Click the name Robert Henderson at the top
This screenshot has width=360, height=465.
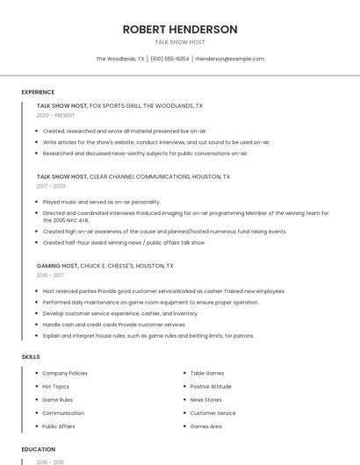point(180,29)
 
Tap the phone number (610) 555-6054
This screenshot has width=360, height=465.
point(169,59)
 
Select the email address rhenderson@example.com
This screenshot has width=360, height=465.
point(229,59)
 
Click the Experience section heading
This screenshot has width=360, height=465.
point(38,92)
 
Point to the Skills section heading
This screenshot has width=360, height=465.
point(31,357)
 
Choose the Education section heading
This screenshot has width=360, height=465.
point(39,449)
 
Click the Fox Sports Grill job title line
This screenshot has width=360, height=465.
point(119,105)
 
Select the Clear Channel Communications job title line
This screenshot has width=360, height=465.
point(133,176)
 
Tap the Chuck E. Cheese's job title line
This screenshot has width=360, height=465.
point(104,265)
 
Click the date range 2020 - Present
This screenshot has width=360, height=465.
point(55,115)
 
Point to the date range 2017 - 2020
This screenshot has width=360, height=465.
point(51,186)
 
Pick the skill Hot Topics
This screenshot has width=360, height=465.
point(55,386)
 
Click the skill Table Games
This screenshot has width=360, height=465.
point(207,373)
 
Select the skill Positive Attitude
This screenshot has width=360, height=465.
point(211,386)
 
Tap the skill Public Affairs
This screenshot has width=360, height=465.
point(59,426)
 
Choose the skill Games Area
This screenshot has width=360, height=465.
point(206,426)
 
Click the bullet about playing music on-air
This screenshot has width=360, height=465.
point(101,202)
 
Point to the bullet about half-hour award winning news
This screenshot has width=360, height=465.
point(123,242)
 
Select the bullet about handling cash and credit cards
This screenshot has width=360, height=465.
point(114,325)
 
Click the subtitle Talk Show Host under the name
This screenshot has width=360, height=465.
point(180,42)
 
